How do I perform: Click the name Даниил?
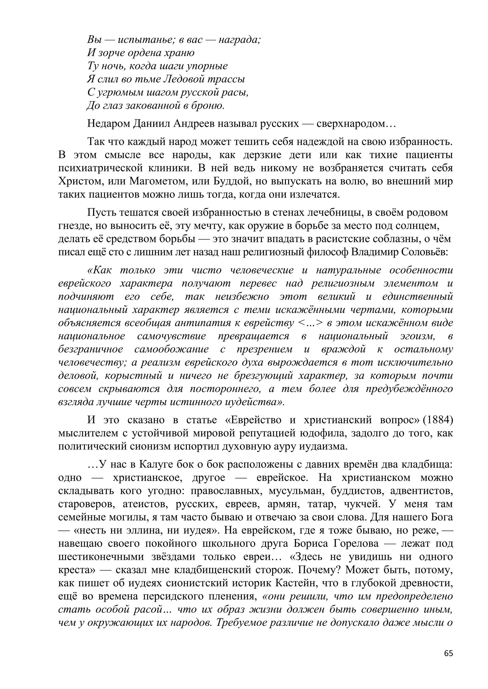tap(152, 124)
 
